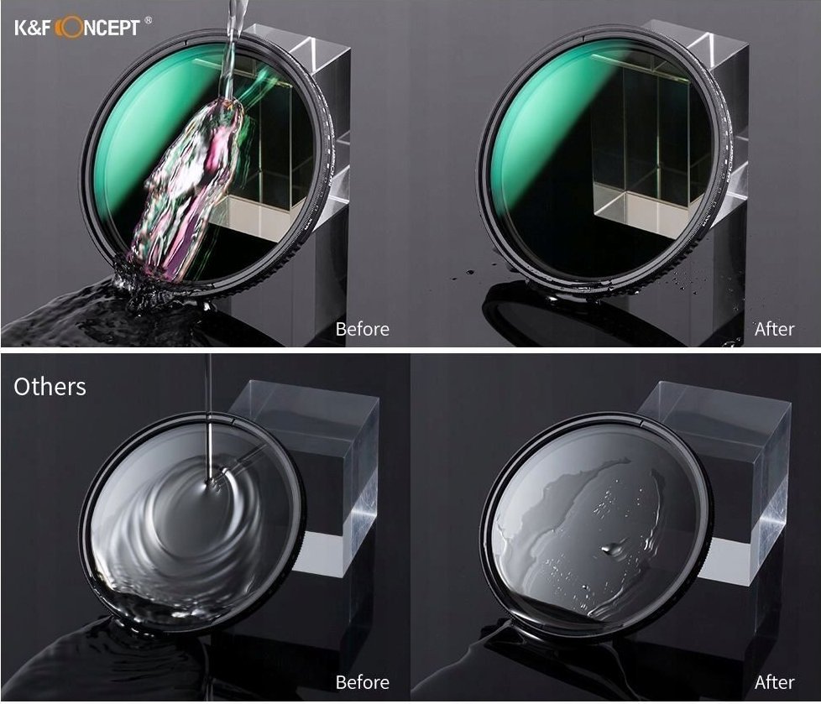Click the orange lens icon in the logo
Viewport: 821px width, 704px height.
(x=69, y=27)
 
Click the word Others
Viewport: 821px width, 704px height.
(x=50, y=387)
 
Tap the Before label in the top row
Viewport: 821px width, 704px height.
(x=363, y=329)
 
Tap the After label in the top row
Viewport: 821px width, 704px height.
(x=774, y=329)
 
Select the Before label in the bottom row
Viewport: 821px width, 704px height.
(x=363, y=682)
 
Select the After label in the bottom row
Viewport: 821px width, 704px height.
(x=774, y=682)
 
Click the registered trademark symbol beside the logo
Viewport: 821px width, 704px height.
(x=149, y=20)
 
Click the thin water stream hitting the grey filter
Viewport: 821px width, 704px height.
(x=209, y=419)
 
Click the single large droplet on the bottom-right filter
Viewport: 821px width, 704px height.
(x=611, y=549)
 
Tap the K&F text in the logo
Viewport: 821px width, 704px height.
(x=34, y=27)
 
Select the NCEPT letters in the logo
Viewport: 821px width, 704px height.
(x=112, y=27)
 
